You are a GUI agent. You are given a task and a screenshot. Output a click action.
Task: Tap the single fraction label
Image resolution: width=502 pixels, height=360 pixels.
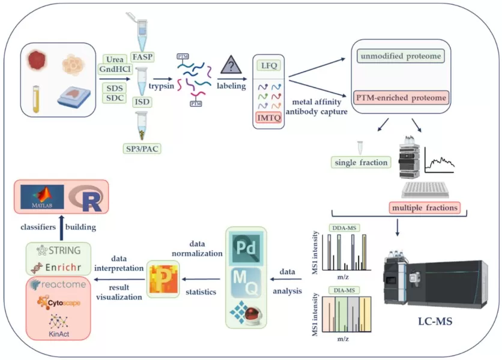coord(359,162)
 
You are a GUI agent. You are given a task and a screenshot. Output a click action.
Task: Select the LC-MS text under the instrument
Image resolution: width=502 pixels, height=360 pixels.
coord(435,322)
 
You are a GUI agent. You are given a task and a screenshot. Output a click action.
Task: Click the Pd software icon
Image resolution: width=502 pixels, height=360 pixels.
coord(244,247)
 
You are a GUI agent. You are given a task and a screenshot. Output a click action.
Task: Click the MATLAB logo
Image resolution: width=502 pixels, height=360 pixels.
coord(41,198)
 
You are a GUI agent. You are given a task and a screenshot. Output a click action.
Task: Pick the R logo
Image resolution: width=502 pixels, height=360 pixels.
coord(88,198)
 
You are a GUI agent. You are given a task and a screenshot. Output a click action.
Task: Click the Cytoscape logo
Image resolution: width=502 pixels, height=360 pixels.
coord(58,302)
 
